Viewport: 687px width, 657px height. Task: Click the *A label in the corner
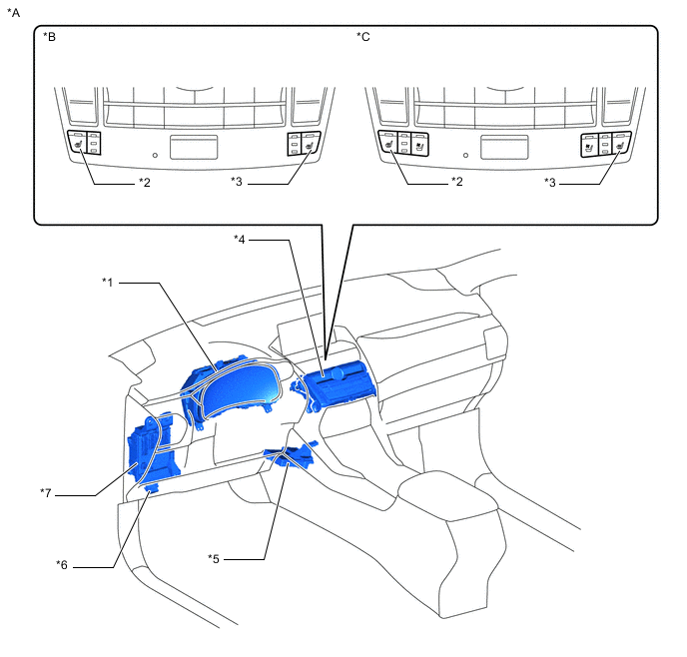(x=14, y=13)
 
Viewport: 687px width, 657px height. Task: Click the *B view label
(x=50, y=37)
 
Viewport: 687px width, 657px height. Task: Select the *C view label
(x=363, y=37)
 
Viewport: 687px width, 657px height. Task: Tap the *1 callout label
(x=108, y=283)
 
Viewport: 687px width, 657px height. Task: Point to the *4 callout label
(x=240, y=240)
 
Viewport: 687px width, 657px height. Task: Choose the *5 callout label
(x=214, y=559)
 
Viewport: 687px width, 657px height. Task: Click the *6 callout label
(x=62, y=565)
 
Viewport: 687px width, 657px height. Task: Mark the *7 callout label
(x=46, y=493)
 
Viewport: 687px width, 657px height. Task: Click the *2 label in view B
(x=145, y=182)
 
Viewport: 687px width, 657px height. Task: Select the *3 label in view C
(x=550, y=182)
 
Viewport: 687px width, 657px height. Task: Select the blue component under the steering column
(x=292, y=455)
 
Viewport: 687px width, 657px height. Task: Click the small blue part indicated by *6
(x=152, y=488)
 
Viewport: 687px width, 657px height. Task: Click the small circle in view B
(x=155, y=155)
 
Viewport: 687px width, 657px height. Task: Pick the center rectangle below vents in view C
(x=504, y=147)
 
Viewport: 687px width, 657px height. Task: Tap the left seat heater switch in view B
(x=84, y=143)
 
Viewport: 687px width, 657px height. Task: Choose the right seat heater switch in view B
(x=305, y=144)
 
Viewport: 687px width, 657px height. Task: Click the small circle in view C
(x=465, y=155)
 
